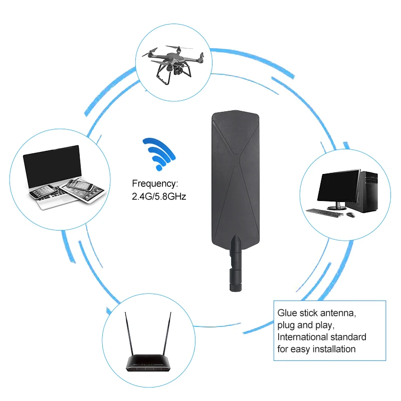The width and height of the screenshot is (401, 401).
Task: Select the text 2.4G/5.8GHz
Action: (x=159, y=196)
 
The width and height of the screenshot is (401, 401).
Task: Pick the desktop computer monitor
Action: (x=340, y=186)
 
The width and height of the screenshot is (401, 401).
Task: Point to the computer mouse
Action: (x=350, y=215)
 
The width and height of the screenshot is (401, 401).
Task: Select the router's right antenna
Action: (x=165, y=333)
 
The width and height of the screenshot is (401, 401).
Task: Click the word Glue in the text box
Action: (x=287, y=313)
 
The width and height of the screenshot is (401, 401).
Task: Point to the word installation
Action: (x=332, y=349)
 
